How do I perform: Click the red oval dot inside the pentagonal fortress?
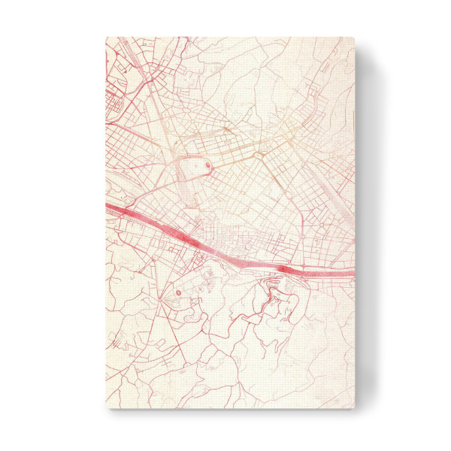pos(208,165)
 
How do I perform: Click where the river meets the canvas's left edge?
pos(107,204)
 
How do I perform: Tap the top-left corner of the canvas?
pos(106,38)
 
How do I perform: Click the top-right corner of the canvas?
pos(353,38)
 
